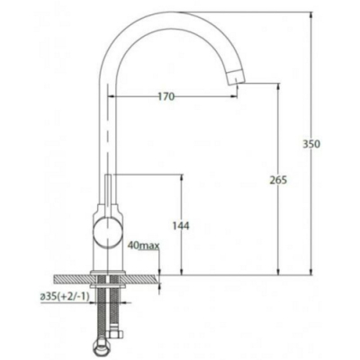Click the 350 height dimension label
coord(311,144)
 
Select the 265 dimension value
coord(278,180)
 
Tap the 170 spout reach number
coord(166,96)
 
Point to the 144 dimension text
coord(181,226)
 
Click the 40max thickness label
coord(143,246)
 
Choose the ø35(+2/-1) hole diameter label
coord(65,297)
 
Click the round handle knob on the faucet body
coord(108,232)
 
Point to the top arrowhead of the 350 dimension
coord(311,15)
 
